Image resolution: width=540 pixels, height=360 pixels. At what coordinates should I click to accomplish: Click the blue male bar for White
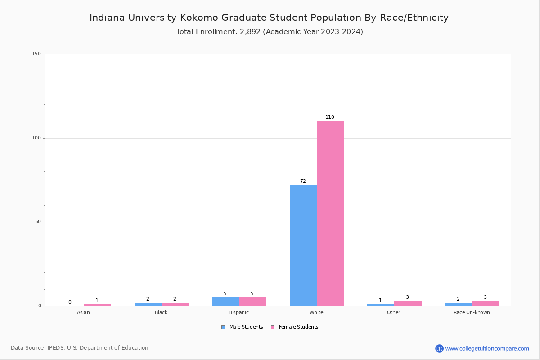pos(303,245)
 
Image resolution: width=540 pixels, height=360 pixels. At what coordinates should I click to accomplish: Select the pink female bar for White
pos(330,213)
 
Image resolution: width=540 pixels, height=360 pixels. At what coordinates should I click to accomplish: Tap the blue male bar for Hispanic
pos(225,301)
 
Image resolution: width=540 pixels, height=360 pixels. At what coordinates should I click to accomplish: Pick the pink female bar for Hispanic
pos(252,301)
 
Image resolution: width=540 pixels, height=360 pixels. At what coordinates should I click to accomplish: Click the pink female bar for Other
pos(408,303)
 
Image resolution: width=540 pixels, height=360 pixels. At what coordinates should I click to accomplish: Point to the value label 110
pos(330,117)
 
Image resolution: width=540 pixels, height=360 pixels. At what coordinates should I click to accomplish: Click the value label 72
pos(303,181)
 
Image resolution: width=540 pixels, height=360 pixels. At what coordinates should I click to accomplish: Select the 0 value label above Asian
pos(70,302)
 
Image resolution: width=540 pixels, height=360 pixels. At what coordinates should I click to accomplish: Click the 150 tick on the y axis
pos(36,54)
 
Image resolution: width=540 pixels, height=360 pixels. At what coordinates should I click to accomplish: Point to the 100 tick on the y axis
pos(36,138)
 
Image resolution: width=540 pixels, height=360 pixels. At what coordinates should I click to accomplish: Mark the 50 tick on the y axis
pos(38,222)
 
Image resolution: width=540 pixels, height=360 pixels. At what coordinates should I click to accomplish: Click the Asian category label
pos(83,312)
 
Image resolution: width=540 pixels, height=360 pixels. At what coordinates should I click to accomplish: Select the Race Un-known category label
pos(472,312)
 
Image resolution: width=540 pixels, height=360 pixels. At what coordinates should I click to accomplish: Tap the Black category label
pos(161,312)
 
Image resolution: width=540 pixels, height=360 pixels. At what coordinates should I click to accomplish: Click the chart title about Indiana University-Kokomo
pos(269,18)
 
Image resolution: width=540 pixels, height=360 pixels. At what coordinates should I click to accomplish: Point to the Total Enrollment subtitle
pos(270,32)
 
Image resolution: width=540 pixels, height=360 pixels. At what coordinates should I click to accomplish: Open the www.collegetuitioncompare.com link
pos(487,348)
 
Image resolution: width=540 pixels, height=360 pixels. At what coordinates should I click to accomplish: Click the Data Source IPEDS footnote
pos(80,348)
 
